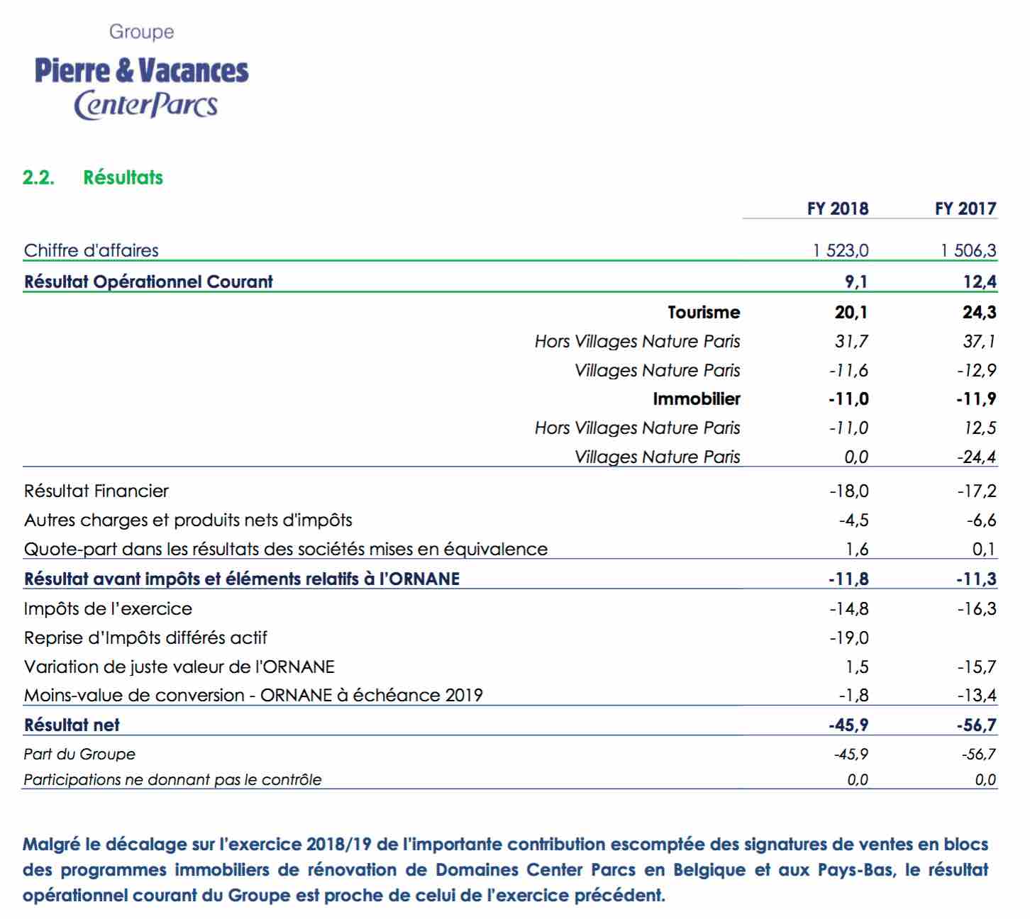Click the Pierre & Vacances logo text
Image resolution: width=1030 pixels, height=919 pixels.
point(141,70)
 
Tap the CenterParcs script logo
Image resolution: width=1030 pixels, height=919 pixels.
point(146,105)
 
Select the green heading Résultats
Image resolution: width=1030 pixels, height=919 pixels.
point(123,177)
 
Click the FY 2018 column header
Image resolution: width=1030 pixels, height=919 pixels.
point(838,208)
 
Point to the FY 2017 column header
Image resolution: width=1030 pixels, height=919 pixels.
point(965,208)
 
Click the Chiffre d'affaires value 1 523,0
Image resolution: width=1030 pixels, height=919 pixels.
point(841,250)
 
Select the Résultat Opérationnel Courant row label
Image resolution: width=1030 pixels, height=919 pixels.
point(148,282)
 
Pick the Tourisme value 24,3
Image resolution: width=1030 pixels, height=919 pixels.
point(979,312)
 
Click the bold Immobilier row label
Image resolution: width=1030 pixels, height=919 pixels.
point(697,399)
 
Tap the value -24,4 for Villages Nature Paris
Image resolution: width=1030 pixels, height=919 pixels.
point(977,457)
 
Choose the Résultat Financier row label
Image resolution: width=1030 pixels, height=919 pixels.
point(96,491)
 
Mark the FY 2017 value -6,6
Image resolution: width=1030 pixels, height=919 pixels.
point(981,520)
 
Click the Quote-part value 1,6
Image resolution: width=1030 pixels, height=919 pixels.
point(857,549)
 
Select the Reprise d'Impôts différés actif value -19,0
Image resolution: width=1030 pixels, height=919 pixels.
point(848,637)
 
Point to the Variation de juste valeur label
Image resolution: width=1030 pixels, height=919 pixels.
point(179,667)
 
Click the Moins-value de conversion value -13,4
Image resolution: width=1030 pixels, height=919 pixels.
point(977,695)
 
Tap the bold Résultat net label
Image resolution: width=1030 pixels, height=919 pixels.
point(72,725)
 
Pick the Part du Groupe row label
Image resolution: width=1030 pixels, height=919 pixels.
point(79,754)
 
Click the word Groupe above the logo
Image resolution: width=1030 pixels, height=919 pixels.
point(142,32)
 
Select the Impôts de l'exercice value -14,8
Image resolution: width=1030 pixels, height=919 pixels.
point(848,608)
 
